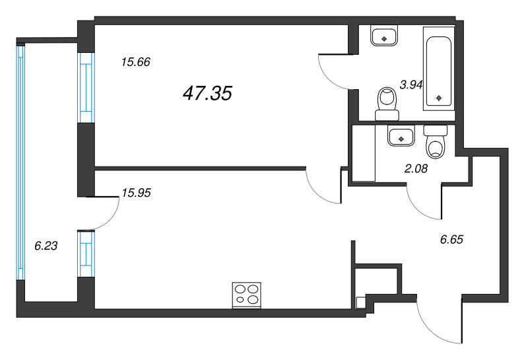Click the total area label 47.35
click(207, 93)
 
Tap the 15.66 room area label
click(136, 62)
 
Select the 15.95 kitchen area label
click(136, 193)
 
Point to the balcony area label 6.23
click(46, 246)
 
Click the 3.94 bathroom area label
click(411, 85)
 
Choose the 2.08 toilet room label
click(416, 168)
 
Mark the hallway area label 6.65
click(451, 239)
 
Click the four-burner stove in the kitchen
click(247, 295)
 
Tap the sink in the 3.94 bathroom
click(384, 36)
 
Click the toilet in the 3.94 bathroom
click(387, 104)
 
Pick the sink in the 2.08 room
click(401, 135)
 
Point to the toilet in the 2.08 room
click(436, 141)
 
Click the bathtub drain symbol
click(439, 98)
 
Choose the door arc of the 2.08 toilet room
click(424, 201)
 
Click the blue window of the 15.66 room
click(86, 88)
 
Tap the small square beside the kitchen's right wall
click(360, 303)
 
